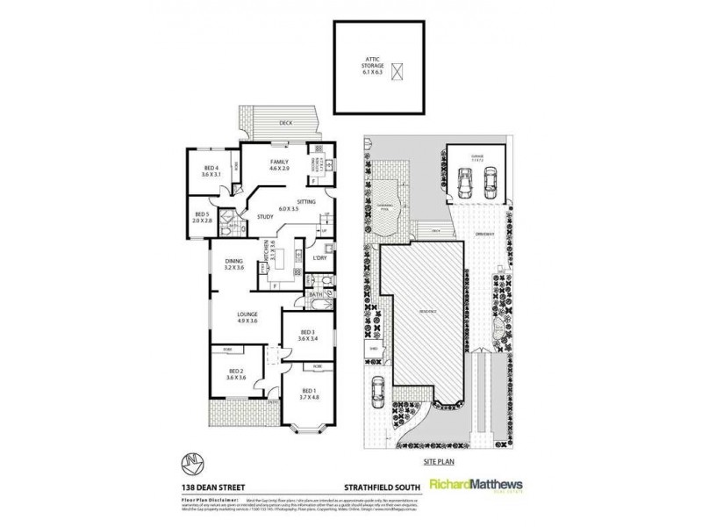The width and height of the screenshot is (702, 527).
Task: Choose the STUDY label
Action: [x=265, y=217]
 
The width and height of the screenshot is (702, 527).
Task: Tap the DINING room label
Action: [x=233, y=261]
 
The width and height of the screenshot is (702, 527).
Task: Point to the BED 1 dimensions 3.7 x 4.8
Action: [x=310, y=396]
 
